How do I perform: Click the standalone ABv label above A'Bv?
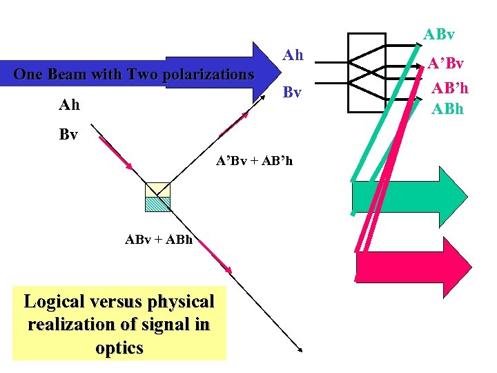coord(439,34)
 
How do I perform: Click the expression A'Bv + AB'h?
coord(254,161)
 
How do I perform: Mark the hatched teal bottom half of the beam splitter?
coord(157,203)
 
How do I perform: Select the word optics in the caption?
coord(119,347)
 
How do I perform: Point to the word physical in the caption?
coord(179,302)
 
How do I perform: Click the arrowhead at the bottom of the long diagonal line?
coord(300,350)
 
